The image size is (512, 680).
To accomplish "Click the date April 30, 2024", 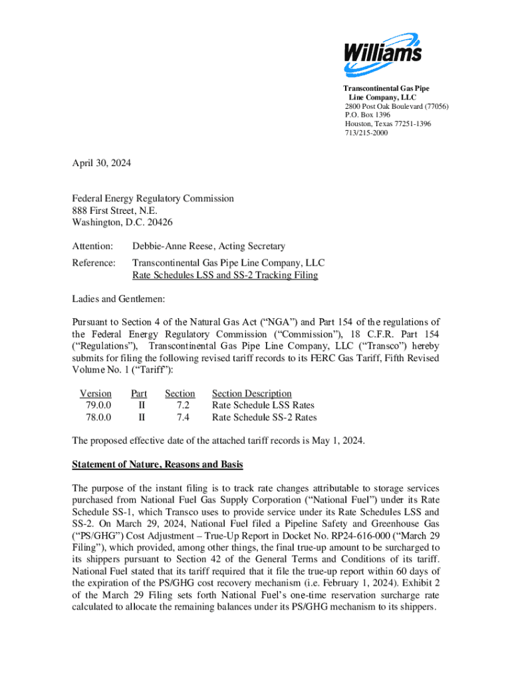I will coord(102,161).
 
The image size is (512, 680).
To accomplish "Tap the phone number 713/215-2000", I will coord(366,133).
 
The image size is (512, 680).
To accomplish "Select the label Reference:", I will coord(94,263).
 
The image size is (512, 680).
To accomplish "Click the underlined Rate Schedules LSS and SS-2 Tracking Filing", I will coord(225,275).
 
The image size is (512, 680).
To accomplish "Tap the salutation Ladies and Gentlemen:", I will coord(118,299).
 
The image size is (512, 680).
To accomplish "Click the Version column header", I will coord(96,394).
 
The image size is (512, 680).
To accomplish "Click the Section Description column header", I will coord(251,394).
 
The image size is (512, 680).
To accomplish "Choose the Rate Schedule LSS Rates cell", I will coord(263,406).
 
